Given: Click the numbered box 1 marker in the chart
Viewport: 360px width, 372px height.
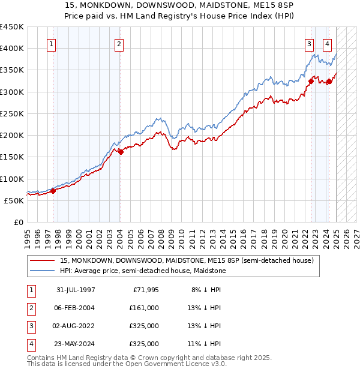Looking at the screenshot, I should (x=51, y=43).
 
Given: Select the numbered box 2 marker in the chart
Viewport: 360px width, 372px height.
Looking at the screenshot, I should (x=119, y=43).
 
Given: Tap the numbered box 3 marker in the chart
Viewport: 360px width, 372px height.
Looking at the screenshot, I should (x=309, y=43).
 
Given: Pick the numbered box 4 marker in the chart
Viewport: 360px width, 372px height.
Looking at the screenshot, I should (x=328, y=43).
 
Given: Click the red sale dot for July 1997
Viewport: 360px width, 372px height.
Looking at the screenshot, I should (x=53, y=191).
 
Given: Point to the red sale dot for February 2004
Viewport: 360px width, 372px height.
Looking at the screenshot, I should (x=121, y=152).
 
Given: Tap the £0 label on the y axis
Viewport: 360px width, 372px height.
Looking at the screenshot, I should (x=18, y=222).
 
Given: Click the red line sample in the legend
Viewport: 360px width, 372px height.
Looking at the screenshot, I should (x=41, y=261).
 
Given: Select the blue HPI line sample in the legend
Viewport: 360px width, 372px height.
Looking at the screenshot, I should (x=41, y=271).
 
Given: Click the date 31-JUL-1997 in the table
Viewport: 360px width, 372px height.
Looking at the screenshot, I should (x=76, y=289).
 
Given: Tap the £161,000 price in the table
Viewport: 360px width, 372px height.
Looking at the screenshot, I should (x=144, y=308).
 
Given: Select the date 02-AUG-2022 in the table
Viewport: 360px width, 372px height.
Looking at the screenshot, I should (x=76, y=326).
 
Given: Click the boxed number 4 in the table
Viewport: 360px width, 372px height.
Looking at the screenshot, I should (x=29, y=344).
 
